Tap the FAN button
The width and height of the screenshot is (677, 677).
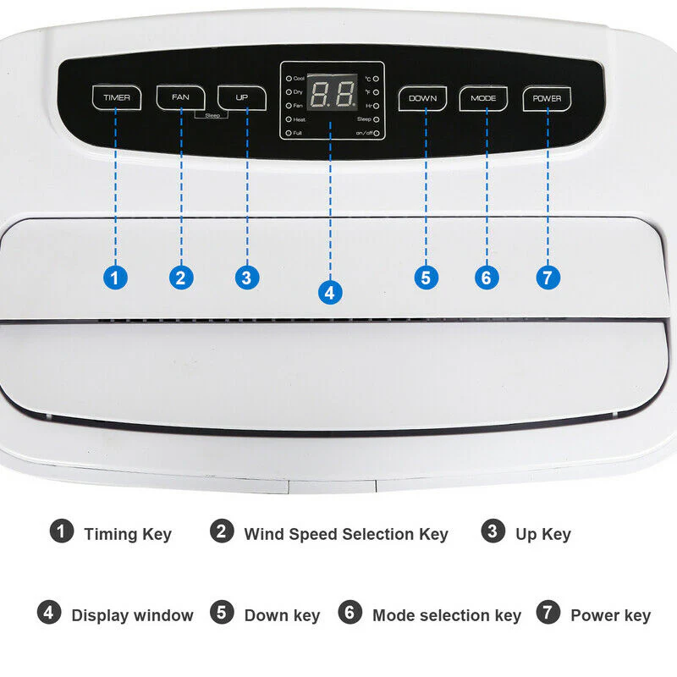[180, 97]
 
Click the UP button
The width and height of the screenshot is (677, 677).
[242, 98]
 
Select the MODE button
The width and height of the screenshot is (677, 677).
[484, 98]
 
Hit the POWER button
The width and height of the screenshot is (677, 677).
[547, 98]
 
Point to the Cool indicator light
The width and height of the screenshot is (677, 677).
[289, 77]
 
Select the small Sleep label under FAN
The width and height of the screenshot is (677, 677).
[212, 114]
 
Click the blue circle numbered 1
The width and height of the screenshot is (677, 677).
[116, 278]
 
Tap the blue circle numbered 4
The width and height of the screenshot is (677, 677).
[329, 293]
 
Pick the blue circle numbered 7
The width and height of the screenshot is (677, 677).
[548, 278]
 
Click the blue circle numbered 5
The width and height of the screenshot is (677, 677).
[427, 278]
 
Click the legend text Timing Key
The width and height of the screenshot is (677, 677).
[127, 534]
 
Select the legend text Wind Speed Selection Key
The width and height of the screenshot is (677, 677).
[346, 534]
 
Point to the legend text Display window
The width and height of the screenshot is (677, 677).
[132, 615]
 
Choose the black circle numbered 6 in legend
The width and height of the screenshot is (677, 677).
[350, 613]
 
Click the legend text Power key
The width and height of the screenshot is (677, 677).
[610, 615]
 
